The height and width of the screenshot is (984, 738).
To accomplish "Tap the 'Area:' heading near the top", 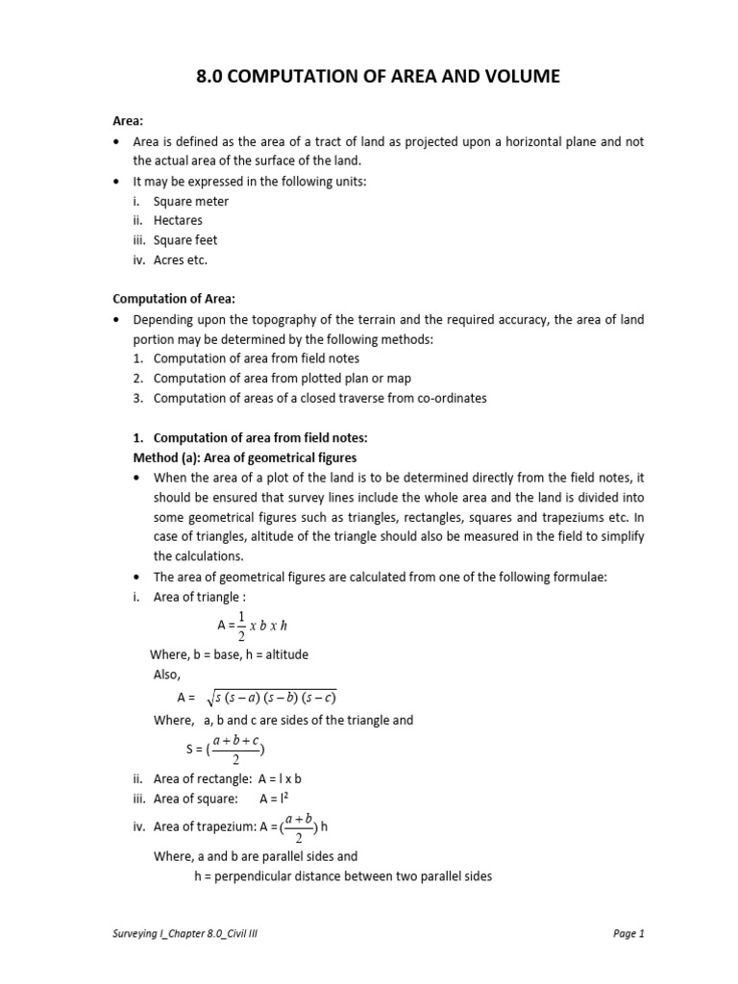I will tap(129, 120).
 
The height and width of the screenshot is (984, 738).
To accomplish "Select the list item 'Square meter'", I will tap(191, 202).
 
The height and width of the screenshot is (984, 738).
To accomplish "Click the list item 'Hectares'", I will tap(180, 221).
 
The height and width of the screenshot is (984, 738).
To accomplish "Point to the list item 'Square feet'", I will tap(185, 240).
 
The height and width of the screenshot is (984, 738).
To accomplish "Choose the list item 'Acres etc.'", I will tap(181, 259).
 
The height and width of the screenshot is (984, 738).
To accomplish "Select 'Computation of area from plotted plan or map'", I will tap(283, 379).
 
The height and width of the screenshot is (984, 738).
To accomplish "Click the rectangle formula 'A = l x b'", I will tap(286, 779).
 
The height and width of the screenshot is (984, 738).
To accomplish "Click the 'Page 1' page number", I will tap(627, 933).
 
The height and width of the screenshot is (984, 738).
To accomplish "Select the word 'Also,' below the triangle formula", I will tap(167, 675).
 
